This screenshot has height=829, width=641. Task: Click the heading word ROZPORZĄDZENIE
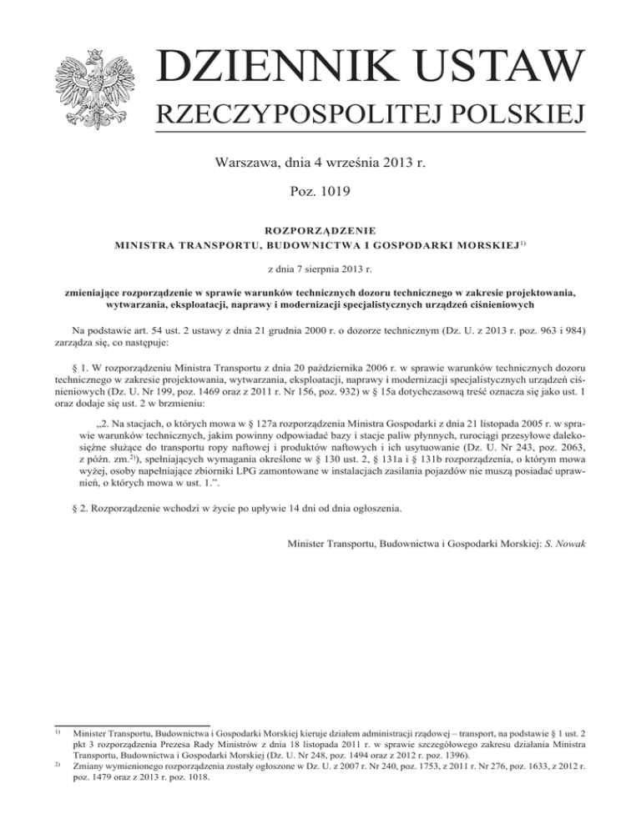[x=320, y=229]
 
